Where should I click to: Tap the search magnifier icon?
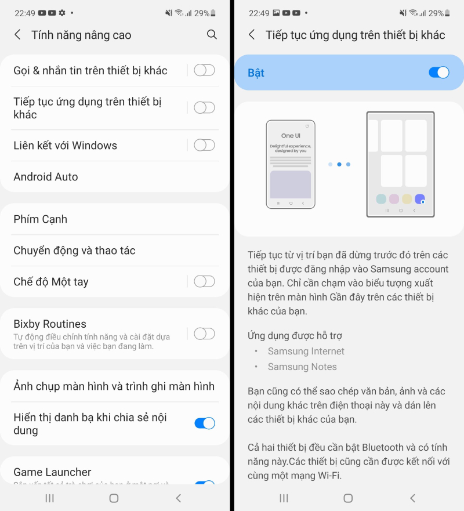coord(212,34)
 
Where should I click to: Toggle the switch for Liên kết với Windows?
coord(204,145)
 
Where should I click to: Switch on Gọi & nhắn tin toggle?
coord(204,70)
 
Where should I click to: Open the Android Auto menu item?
coord(46,177)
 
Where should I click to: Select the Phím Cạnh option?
coord(41,219)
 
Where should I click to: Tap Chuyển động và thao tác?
coord(74,251)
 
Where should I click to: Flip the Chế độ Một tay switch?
coord(204,281)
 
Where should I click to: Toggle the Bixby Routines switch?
coord(204,334)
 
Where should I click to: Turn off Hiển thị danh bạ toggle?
coord(205,423)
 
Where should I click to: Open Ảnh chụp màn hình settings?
coord(114,386)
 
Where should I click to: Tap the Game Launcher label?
coord(52,472)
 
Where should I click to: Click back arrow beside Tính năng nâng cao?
coord(17,35)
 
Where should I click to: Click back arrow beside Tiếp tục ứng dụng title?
coord(252,35)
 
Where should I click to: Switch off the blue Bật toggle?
coord(439,73)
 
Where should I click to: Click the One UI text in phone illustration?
coord(291,136)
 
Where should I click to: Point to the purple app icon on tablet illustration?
coord(420,199)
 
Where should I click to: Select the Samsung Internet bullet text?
coord(306,351)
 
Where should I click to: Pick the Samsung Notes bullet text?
coord(302,367)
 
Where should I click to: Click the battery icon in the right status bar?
coord(447,13)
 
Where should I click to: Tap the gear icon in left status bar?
coord(62,13)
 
